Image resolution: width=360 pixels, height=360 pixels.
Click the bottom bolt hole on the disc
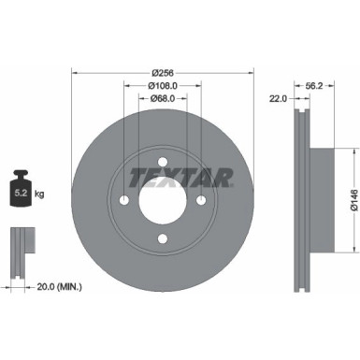coord(163,240)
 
